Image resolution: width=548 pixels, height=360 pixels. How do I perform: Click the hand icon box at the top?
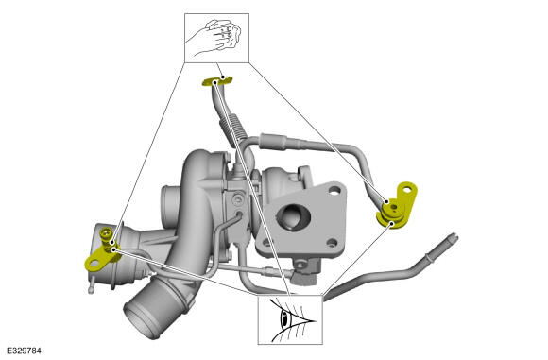(216, 38)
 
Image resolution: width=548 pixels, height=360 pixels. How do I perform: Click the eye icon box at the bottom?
(290, 319)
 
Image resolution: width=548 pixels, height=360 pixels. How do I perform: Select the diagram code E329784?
(25, 351)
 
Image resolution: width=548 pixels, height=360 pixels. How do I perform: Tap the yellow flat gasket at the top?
(217, 81)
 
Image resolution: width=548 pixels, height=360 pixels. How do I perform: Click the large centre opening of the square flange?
(294, 216)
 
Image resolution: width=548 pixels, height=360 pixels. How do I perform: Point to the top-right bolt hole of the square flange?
(334, 190)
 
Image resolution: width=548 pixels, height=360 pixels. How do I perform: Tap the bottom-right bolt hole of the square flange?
(332, 243)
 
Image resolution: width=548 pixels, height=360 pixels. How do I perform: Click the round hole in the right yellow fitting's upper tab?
(407, 191)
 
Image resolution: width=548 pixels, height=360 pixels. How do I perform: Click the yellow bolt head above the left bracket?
(105, 231)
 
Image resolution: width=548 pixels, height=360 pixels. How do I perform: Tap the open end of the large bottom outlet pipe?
(137, 317)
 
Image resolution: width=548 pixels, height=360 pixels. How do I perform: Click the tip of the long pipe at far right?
(454, 236)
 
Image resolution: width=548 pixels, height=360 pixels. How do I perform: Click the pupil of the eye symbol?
(284, 317)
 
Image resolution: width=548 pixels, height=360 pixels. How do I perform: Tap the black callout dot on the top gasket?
(214, 82)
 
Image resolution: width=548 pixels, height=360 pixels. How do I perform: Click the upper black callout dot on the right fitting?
(386, 202)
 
